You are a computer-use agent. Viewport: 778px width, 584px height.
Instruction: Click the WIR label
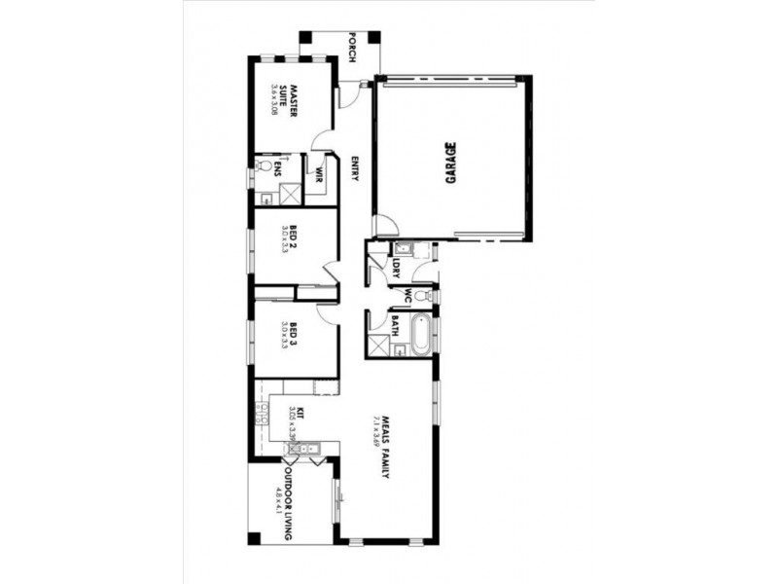coord(318,178)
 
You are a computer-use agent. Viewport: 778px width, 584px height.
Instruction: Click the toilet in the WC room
coord(421,295)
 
